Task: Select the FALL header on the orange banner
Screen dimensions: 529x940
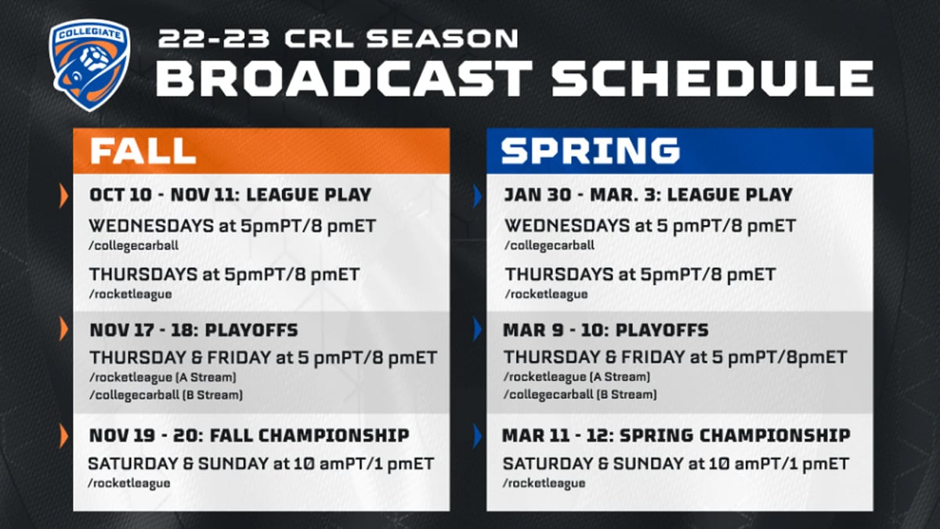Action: tap(143, 151)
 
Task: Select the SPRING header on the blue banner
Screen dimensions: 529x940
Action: tap(590, 151)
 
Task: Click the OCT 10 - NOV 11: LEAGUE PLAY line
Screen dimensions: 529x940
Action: tap(230, 194)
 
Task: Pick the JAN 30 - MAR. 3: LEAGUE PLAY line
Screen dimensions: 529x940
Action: tap(648, 194)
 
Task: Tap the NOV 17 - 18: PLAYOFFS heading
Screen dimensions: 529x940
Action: tap(193, 330)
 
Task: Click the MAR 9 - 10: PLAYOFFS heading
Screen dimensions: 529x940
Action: tap(605, 330)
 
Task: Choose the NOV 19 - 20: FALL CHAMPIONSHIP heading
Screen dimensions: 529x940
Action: tap(249, 435)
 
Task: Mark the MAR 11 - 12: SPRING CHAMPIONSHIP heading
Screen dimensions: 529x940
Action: tap(676, 435)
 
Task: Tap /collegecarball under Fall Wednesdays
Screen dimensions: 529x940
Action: tap(134, 245)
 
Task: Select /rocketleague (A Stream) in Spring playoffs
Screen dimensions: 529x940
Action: tap(576, 377)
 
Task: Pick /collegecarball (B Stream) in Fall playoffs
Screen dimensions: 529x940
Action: tap(166, 395)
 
